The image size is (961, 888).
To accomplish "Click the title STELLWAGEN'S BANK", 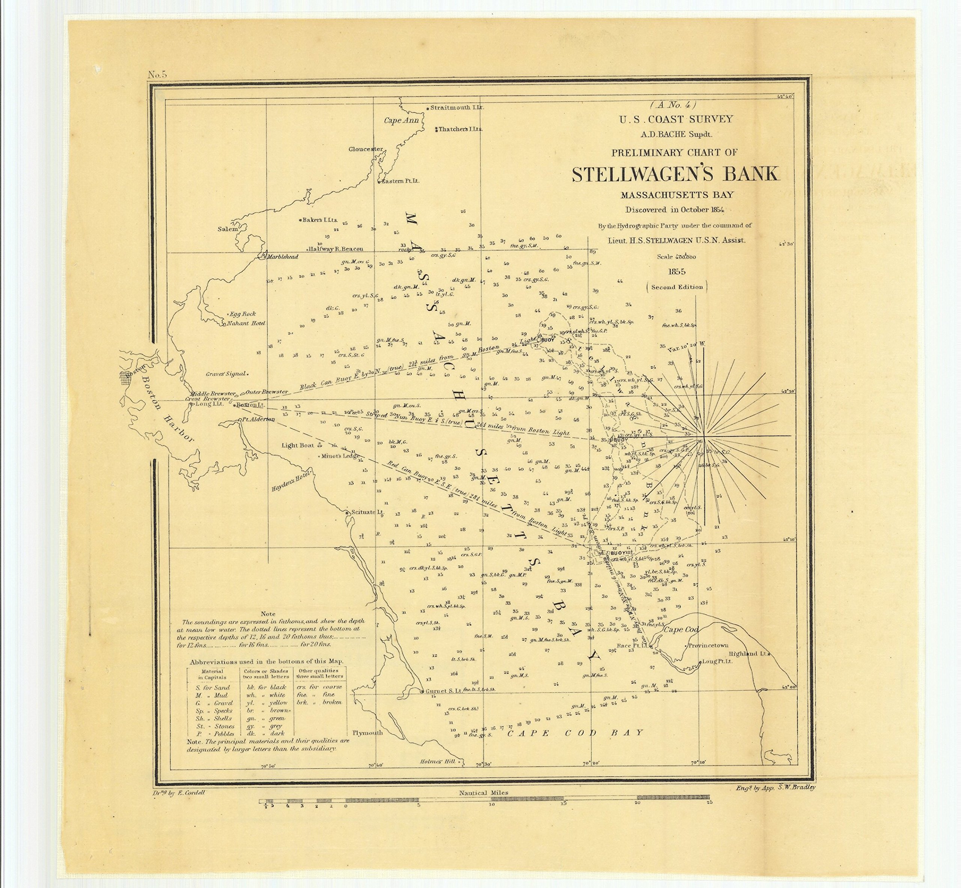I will pyautogui.click(x=675, y=174).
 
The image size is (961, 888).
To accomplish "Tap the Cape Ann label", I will pyautogui.click(x=401, y=120).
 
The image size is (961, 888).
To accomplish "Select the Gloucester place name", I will pyautogui.click(x=366, y=149).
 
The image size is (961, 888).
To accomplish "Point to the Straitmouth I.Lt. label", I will pyautogui.click(x=456, y=108).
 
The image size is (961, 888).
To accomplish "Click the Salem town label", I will pyautogui.click(x=228, y=229).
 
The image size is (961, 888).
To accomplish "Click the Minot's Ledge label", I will pyautogui.click(x=340, y=456).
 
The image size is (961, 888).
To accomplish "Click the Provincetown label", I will pyautogui.click(x=708, y=646).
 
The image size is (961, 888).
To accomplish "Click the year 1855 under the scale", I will pyautogui.click(x=676, y=272).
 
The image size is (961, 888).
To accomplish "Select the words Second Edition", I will pyautogui.click(x=676, y=287).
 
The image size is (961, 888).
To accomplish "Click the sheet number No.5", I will pyautogui.click(x=157, y=74).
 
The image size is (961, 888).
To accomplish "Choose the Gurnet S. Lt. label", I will pyautogui.click(x=443, y=691).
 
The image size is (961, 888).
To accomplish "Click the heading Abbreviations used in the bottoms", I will pyautogui.click(x=266, y=661).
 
